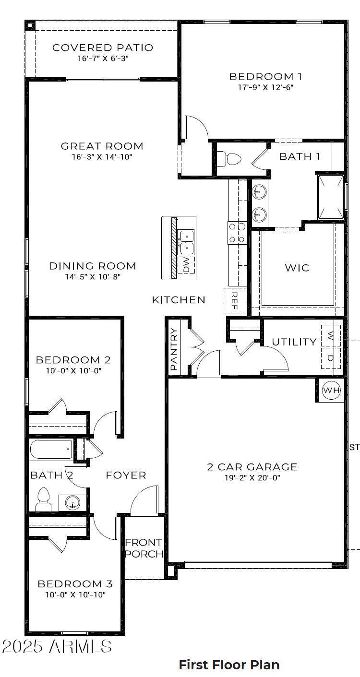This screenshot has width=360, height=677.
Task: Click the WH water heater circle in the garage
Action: point(331,390)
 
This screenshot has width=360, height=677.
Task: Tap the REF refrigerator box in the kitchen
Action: point(235,301)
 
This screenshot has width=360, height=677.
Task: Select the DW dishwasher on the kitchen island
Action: point(186,265)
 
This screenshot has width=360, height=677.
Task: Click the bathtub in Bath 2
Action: point(51,450)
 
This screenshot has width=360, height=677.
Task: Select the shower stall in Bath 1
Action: point(331,197)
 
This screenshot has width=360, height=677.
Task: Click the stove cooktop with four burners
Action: point(237,233)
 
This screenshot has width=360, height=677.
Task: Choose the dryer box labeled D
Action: point(331,357)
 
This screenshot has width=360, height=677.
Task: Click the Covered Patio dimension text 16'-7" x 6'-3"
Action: point(103,59)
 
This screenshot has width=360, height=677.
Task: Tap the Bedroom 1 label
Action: point(265,76)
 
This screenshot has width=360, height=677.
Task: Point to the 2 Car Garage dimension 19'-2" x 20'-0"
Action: point(252,478)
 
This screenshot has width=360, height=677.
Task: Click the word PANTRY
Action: point(174,349)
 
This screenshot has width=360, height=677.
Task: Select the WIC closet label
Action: point(297,268)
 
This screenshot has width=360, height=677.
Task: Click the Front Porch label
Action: point(144,548)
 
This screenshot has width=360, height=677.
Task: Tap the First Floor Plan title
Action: point(229,665)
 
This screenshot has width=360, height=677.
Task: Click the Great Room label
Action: point(102,146)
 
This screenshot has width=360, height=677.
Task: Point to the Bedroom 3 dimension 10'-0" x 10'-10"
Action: point(75,594)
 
